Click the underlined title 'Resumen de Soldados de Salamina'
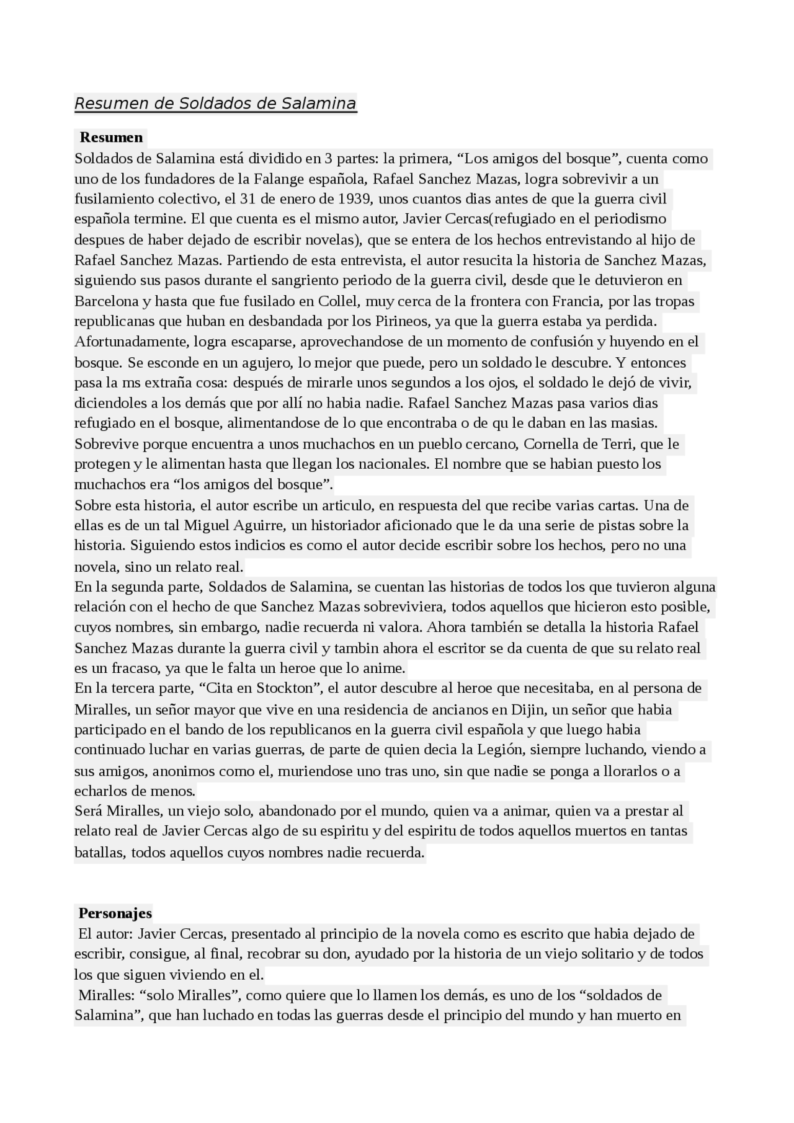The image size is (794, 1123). (x=215, y=103)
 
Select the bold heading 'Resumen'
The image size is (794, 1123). (x=111, y=138)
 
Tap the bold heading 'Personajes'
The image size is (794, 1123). (x=115, y=913)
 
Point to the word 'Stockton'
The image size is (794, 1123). (x=288, y=688)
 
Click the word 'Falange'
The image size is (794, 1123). (x=279, y=179)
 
